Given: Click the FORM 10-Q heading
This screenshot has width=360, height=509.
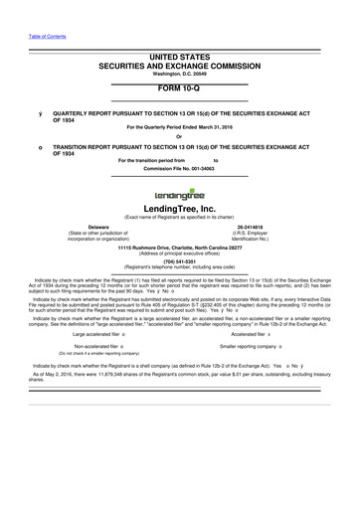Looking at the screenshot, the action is [x=180, y=86].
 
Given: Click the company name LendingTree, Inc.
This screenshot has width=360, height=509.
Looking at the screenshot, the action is [x=180, y=210].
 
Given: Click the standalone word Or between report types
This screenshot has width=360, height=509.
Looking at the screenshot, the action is [x=180, y=136].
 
